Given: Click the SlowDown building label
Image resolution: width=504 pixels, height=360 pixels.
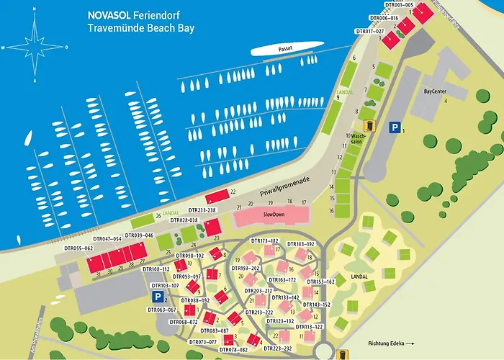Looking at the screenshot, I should pyautogui.click(x=274, y=215).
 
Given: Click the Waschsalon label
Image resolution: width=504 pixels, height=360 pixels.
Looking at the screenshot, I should pyautogui.click(x=356, y=139).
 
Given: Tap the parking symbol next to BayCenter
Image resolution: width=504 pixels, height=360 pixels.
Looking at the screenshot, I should pyautogui.click(x=394, y=127).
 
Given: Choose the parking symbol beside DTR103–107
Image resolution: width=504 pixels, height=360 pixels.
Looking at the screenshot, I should pyautogui.click(x=156, y=297).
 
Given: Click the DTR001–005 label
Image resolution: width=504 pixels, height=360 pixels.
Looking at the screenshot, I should pyautogui.click(x=399, y=5).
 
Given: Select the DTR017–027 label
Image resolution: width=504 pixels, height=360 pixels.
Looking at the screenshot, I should pyautogui.click(x=370, y=31).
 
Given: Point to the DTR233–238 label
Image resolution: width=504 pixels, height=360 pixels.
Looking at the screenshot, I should pyautogui.click(x=202, y=210).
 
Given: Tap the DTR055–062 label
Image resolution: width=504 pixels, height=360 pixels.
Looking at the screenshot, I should pyautogui.click(x=78, y=248).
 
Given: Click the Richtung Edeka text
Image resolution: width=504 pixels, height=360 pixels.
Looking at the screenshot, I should pyautogui.click(x=387, y=343).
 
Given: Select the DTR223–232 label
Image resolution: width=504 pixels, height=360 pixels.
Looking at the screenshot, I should pyautogui.click(x=278, y=348).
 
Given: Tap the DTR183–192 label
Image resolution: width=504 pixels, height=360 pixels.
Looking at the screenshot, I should pyautogui.click(x=301, y=244).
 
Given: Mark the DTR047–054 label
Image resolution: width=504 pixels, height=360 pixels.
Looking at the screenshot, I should pyautogui.click(x=107, y=238).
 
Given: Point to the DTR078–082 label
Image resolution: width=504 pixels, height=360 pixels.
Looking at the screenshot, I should pyautogui.click(x=233, y=349).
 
